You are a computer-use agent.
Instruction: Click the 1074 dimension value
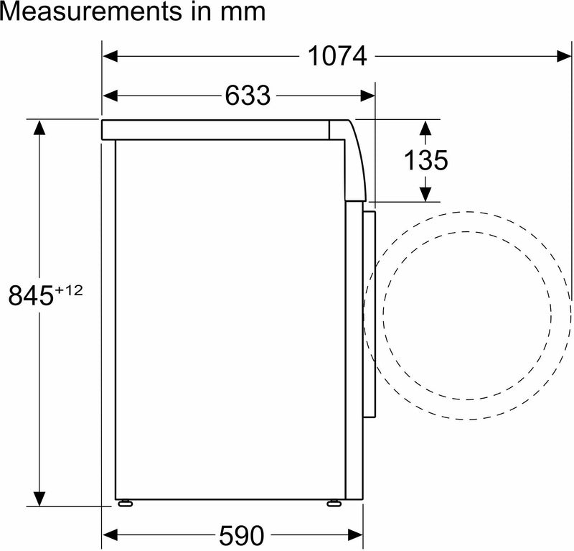click(x=337, y=56)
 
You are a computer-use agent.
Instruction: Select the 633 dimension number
click(x=248, y=96)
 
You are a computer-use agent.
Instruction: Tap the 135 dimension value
click(x=425, y=160)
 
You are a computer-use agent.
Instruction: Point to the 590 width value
click(x=241, y=535)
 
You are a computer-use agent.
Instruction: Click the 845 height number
click(x=31, y=295)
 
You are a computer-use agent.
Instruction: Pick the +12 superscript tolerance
click(x=68, y=291)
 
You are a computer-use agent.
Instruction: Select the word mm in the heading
click(x=243, y=12)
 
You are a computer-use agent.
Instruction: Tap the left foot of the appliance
click(x=125, y=504)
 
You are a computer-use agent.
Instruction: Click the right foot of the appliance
click(x=334, y=504)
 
